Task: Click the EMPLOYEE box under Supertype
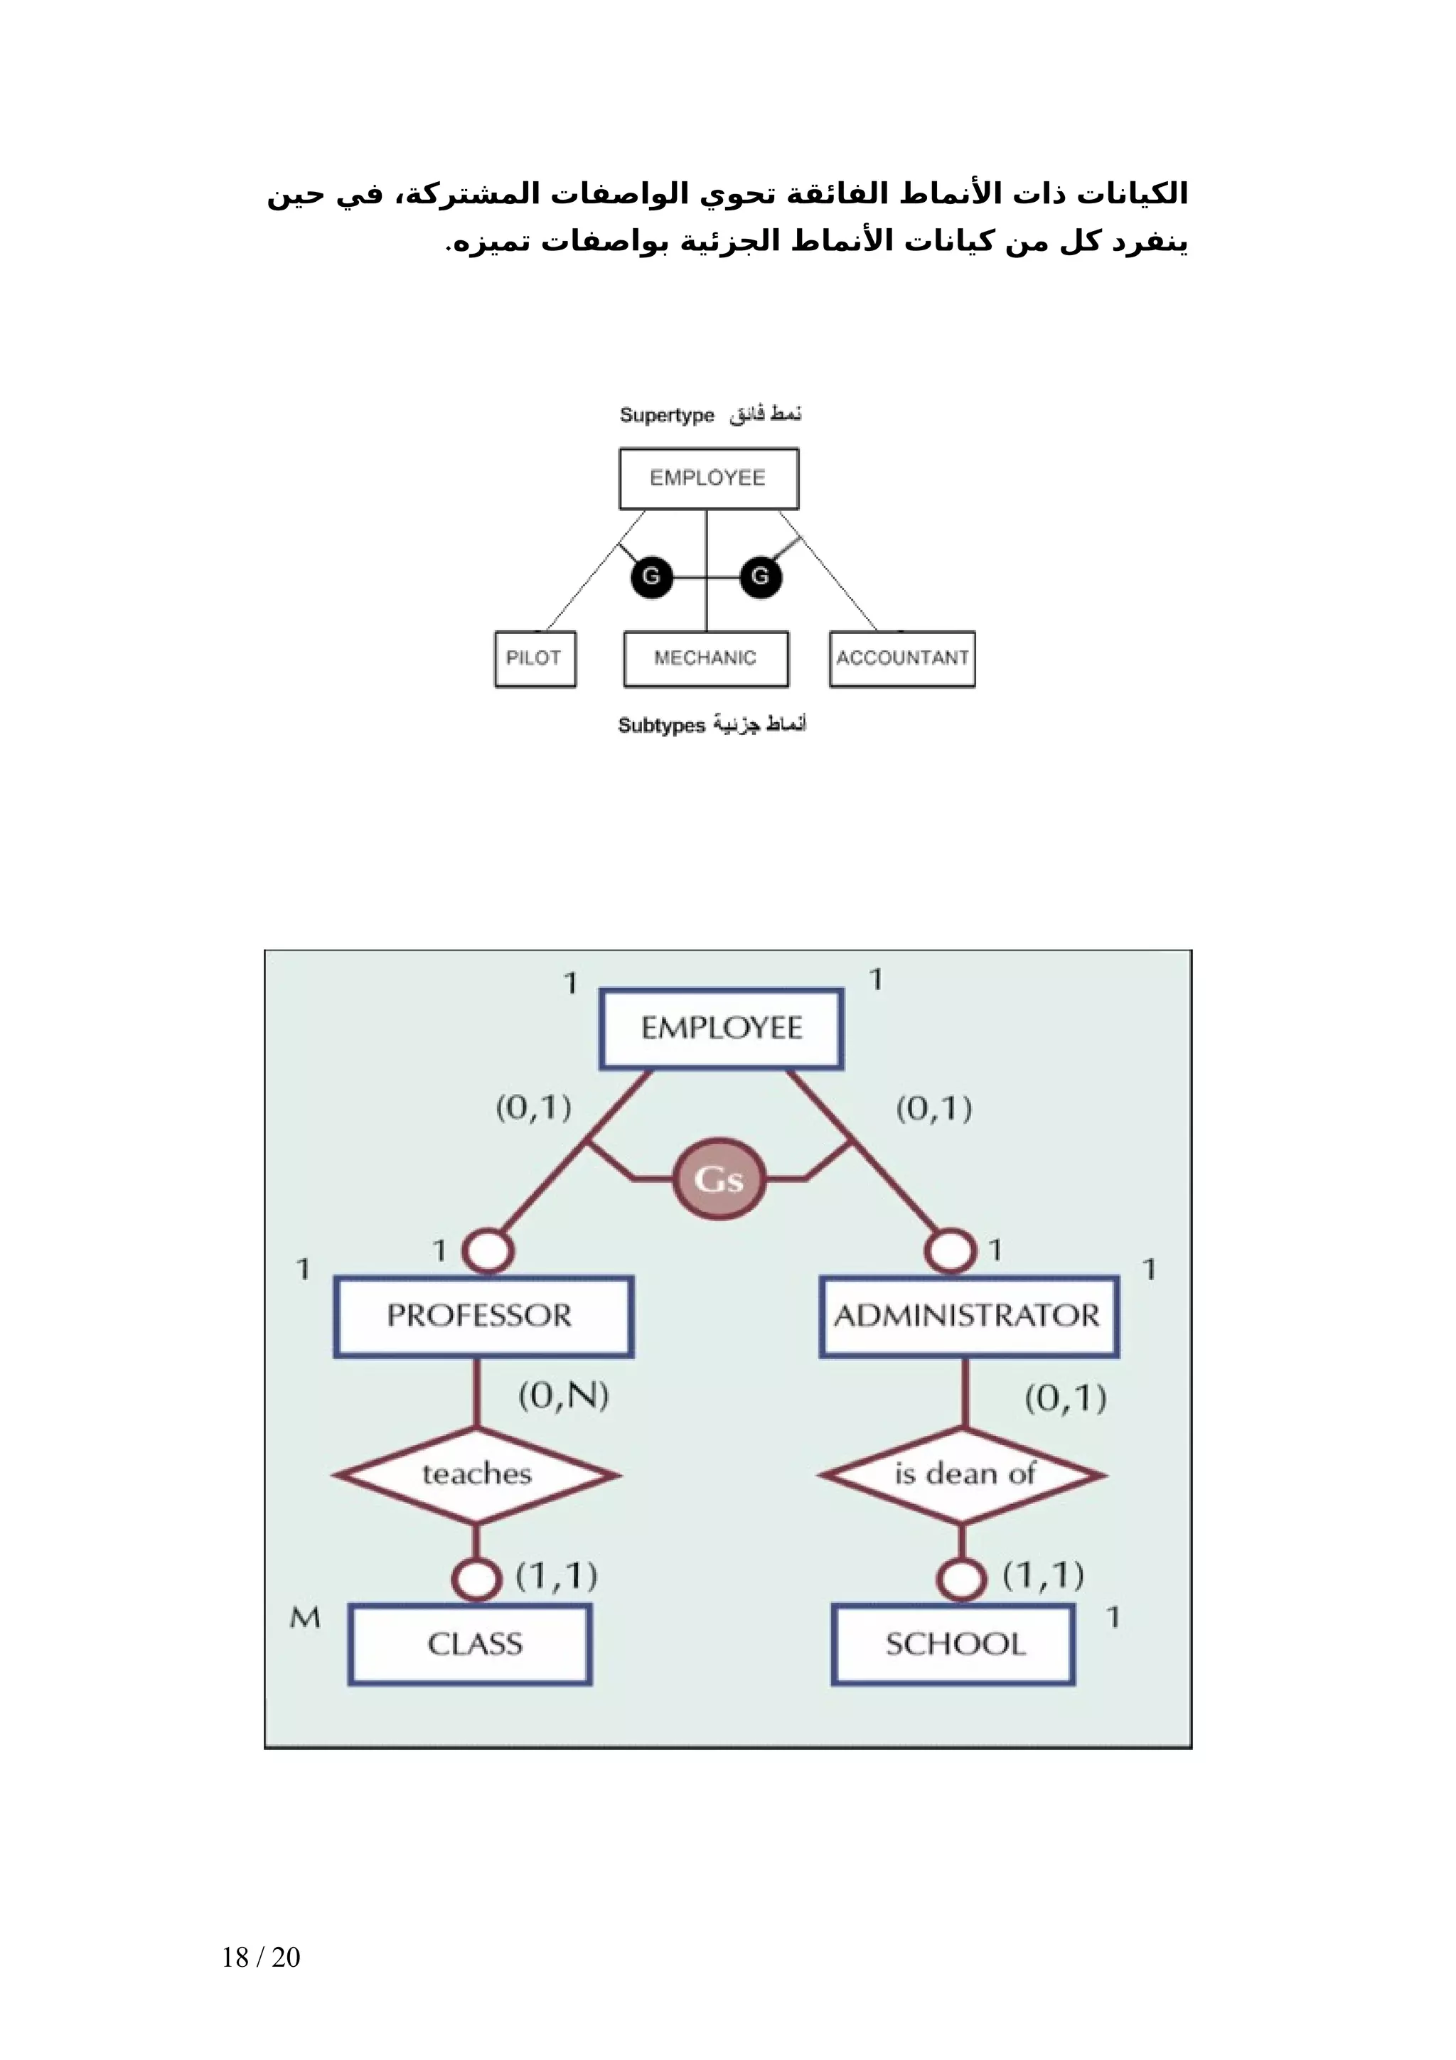(708, 478)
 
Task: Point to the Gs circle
(719, 1179)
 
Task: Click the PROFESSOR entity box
(483, 1316)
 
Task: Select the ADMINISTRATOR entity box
(968, 1316)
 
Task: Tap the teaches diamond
(476, 1474)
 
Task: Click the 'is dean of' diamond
(963, 1474)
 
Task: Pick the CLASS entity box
(470, 1643)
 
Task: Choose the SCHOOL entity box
(953, 1643)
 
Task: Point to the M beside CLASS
(305, 1616)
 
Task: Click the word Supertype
(667, 415)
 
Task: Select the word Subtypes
(661, 725)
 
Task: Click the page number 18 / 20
(260, 1957)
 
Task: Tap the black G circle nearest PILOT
(651, 576)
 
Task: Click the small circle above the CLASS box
(476, 1578)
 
